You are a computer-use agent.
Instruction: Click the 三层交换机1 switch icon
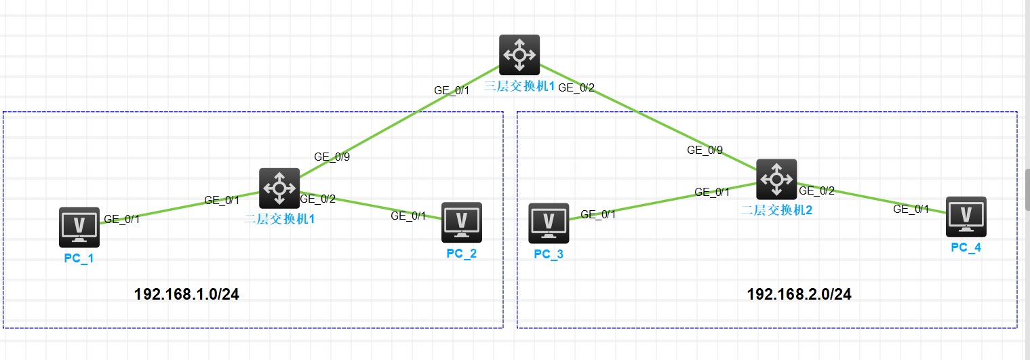coord(519,55)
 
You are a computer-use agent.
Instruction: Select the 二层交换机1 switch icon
coord(279,188)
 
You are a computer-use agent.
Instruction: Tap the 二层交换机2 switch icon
coord(776,180)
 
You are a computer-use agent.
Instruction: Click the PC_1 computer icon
coord(79,227)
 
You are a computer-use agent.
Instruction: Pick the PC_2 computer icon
coord(462,222)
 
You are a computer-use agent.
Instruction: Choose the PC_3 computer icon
coord(549,223)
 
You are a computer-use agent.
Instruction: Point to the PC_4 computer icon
coord(966,217)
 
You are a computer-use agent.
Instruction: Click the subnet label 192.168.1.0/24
coord(187,294)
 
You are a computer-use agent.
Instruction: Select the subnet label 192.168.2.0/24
coord(799,294)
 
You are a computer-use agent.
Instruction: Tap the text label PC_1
coord(79,258)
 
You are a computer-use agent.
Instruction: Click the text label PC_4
coord(966,247)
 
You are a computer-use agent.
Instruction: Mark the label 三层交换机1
coord(520,87)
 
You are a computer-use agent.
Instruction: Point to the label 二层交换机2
coord(776,210)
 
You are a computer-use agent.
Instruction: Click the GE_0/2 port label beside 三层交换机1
coord(576,87)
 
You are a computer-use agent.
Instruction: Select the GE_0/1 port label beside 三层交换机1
coord(452,90)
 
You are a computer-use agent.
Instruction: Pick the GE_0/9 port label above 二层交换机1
coord(332,156)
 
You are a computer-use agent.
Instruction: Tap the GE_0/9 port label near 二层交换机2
coord(705,150)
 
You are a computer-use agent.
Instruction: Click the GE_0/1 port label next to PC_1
coord(122,218)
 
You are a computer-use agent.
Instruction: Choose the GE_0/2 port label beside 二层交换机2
coord(816,191)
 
